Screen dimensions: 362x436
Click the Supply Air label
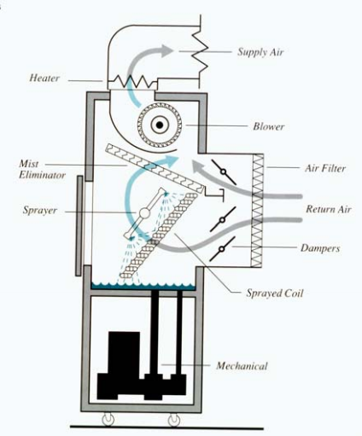(260, 52)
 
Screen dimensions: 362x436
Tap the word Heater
(44, 78)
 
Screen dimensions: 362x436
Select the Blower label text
(269, 126)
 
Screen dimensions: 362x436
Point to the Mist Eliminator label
(42, 170)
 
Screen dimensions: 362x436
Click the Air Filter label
(325, 168)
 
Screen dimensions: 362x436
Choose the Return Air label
(329, 209)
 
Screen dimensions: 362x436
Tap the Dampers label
(320, 248)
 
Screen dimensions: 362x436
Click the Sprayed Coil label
(275, 293)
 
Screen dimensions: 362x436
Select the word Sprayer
(40, 211)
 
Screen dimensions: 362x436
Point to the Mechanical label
(242, 366)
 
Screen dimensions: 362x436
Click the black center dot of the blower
(160, 125)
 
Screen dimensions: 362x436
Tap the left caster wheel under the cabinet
(108, 419)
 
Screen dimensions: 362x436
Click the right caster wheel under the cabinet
(174, 419)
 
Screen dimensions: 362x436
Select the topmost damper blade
(224, 171)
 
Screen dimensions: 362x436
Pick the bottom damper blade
(221, 249)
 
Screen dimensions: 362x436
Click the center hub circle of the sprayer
(144, 212)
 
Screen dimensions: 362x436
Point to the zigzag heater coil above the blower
(132, 82)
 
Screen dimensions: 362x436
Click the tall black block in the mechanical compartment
(125, 352)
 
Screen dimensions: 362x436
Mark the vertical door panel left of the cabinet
(79, 225)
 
